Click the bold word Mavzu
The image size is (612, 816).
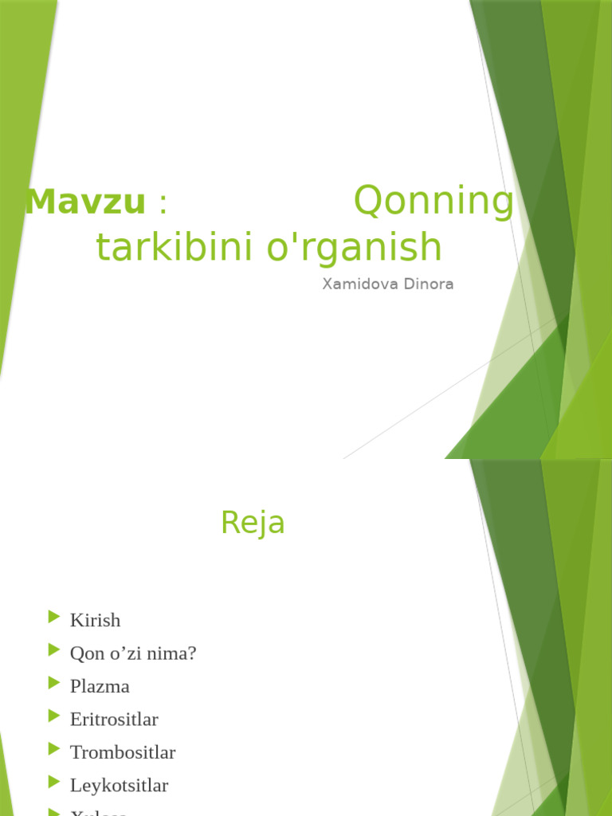(85, 202)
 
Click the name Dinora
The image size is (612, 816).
(431, 284)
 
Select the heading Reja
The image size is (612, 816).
(253, 523)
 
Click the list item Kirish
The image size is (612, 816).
(95, 619)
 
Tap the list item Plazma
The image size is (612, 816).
(100, 686)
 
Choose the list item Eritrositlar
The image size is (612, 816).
(114, 719)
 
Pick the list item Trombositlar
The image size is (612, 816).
(123, 752)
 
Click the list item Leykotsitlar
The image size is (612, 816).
(119, 786)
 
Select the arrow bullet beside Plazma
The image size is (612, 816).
(54, 683)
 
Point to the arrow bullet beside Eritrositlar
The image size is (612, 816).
(54, 716)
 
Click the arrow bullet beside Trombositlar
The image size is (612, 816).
(54, 749)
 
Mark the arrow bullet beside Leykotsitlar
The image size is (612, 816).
(54, 783)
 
